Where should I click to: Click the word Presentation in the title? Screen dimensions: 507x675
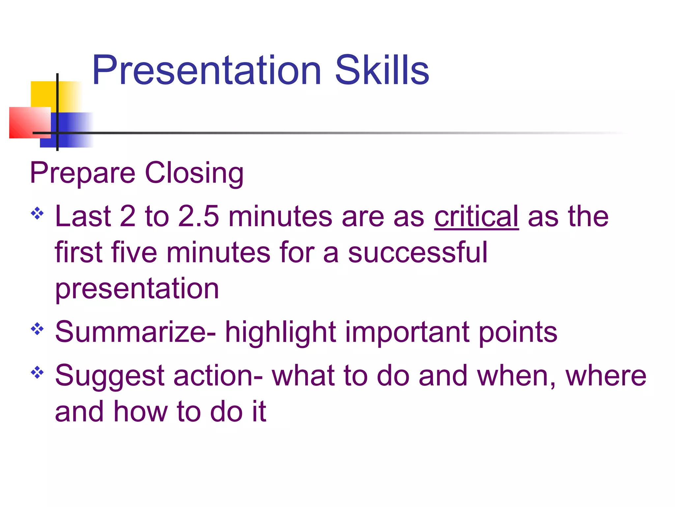[206, 70]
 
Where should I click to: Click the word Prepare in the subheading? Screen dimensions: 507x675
[82, 173]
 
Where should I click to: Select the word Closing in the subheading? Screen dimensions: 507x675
[194, 173]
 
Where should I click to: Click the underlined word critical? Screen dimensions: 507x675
[476, 217]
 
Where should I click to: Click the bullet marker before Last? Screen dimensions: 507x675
[37, 213]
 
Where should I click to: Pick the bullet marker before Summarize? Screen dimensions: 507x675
[37, 329]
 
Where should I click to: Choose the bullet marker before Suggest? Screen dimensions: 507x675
[37, 372]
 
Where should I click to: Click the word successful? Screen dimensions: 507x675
[417, 253]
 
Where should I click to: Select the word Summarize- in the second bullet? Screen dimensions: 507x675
[135, 332]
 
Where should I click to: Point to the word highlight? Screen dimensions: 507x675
[280, 332]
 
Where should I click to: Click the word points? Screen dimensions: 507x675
[517, 332]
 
